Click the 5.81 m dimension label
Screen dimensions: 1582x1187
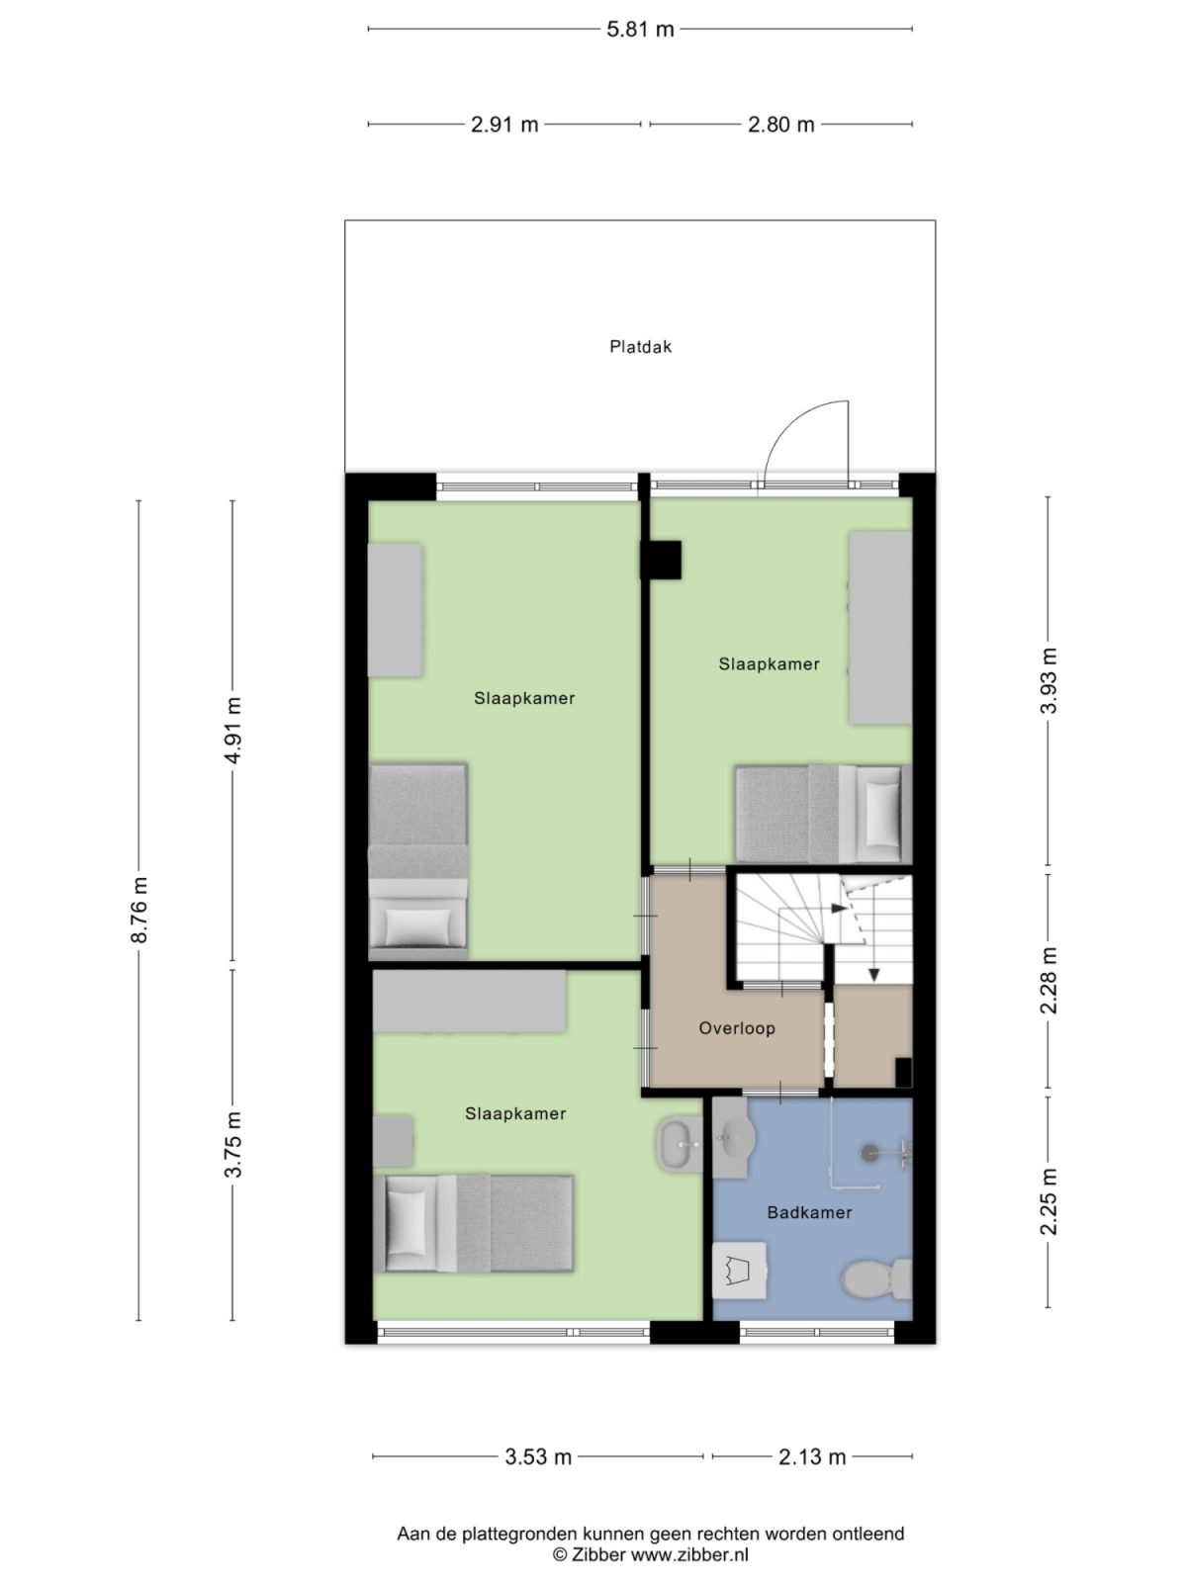tap(640, 30)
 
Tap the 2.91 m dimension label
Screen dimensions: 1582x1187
tap(504, 125)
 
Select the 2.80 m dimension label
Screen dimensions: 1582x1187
tap(781, 125)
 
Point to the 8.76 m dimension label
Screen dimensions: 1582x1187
tap(139, 909)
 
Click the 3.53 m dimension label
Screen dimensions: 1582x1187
tap(538, 1456)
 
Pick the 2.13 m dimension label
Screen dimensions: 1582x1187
tap(812, 1456)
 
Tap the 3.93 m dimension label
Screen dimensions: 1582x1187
tap(1050, 680)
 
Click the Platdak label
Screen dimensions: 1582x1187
tap(640, 347)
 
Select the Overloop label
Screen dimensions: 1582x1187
tap(737, 1028)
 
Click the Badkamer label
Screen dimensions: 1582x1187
tap(809, 1212)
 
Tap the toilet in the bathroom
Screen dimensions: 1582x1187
tap(876, 1279)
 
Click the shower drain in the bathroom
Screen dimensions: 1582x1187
tap(870, 1151)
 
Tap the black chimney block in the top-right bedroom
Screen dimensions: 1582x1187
tap(661, 560)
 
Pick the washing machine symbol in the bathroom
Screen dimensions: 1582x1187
tap(740, 1270)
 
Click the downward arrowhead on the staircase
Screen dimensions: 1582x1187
tap(874, 975)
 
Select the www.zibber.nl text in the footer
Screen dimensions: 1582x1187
tap(689, 1555)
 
